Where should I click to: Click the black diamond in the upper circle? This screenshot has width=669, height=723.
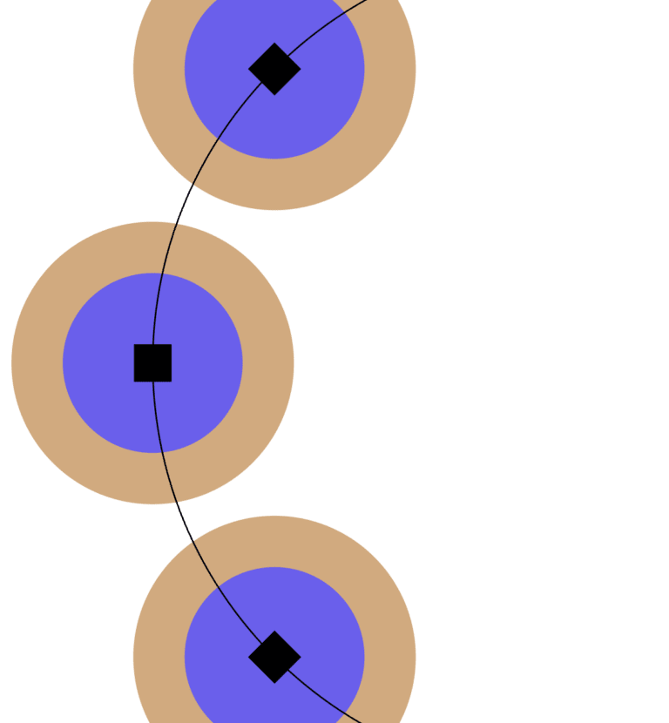pyautogui.click(x=274, y=69)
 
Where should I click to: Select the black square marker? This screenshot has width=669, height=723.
pyautogui.click(x=152, y=363)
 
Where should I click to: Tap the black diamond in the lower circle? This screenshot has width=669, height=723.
pyautogui.click(x=274, y=657)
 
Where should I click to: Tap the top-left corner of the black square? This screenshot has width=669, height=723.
pyautogui.click(x=134, y=345)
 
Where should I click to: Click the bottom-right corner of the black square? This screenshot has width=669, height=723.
pyautogui.click(x=171, y=382)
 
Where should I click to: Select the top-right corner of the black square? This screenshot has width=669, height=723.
pyautogui.click(x=171, y=345)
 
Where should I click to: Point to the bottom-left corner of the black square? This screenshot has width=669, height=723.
pyautogui.click(x=134, y=382)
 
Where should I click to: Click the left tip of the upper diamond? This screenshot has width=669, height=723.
pyautogui.click(x=249, y=69)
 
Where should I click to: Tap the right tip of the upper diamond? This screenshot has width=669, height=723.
pyautogui.click(x=301, y=69)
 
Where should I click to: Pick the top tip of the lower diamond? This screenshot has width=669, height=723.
pyautogui.click(x=274, y=632)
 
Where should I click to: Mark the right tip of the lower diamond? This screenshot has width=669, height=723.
pyautogui.click(x=301, y=657)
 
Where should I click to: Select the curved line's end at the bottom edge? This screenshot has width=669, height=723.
pyautogui.click(x=361, y=721)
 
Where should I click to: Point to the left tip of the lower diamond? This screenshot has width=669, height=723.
pyautogui.click(x=249, y=657)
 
